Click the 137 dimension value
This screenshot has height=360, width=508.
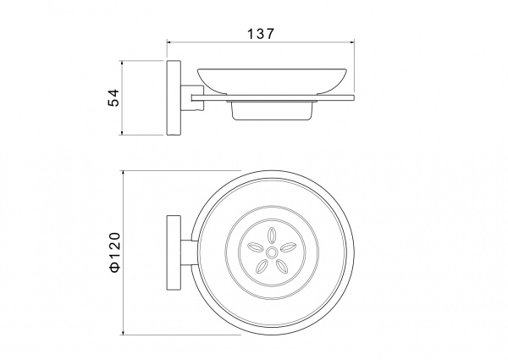(x=261, y=34)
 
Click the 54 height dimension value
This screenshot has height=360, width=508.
(x=113, y=97)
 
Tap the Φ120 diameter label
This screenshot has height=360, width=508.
(x=115, y=252)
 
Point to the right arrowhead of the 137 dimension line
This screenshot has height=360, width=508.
(x=352, y=42)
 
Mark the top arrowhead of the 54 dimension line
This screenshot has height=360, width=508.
(x=122, y=63)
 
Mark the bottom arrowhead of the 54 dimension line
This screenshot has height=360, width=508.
(x=122, y=132)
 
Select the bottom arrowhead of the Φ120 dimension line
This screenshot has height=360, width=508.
(x=123, y=332)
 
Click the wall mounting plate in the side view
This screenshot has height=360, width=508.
(x=174, y=97)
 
